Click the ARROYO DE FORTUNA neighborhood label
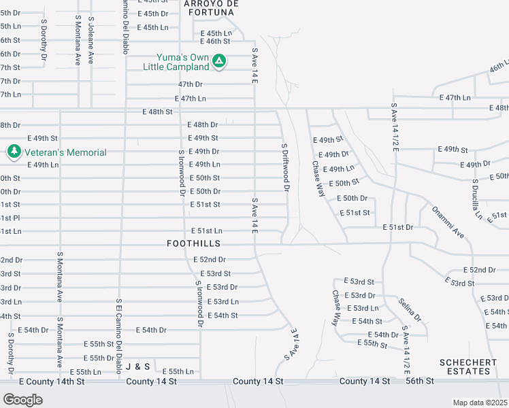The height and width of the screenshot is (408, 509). point(212,7)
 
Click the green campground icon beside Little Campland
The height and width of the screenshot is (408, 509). point(218,62)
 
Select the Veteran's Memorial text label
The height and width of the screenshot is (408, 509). point(66,152)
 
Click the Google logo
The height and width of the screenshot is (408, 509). point(22,399)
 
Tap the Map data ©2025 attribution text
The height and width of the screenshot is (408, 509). point(480,403)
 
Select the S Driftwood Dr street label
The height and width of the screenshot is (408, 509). point(286,167)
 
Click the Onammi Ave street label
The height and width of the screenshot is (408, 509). point(448,222)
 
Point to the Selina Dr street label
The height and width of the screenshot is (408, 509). point(410,310)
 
